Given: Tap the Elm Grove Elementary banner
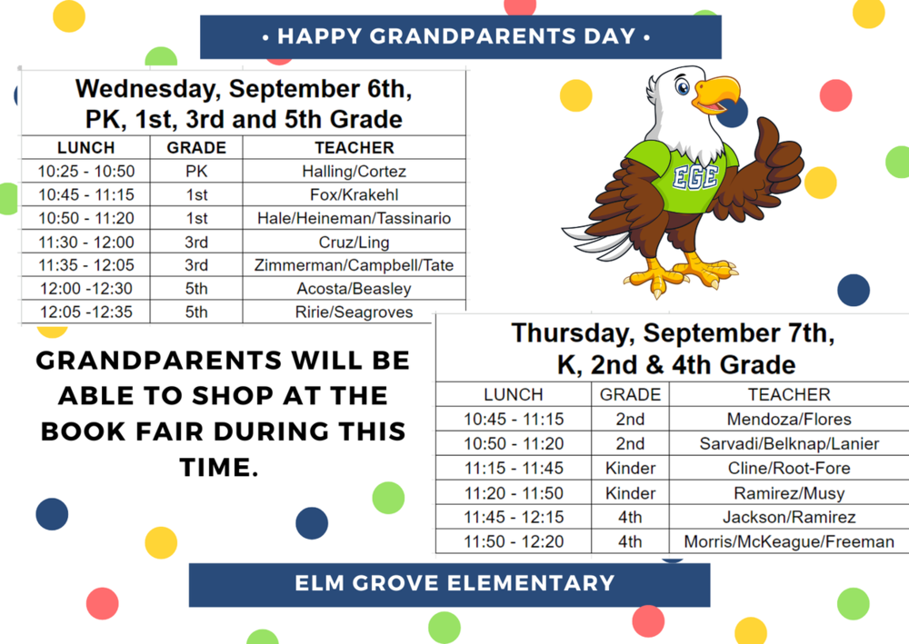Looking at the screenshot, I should click(x=449, y=584).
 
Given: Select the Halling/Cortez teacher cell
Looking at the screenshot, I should click(x=354, y=171).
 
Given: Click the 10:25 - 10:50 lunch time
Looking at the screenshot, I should click(x=85, y=171).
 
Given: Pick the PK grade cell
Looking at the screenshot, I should click(x=195, y=171).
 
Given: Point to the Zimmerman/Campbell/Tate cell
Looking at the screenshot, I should click(x=354, y=265).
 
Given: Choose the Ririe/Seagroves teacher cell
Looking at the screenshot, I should click(x=354, y=312).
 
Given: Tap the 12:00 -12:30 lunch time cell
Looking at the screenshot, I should click(x=85, y=289).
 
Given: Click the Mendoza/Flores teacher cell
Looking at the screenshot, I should click(x=788, y=420).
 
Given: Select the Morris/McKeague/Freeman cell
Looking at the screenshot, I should click(x=788, y=541).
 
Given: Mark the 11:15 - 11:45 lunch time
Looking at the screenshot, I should click(x=513, y=469).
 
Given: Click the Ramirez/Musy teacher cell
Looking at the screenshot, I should click(x=788, y=493).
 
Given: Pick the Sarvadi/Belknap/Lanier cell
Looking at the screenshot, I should click(x=788, y=444).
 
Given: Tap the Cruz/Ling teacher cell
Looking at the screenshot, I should click(x=354, y=242).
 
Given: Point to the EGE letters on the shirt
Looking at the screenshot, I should click(x=695, y=176).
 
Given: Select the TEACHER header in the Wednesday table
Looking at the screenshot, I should click(x=354, y=147).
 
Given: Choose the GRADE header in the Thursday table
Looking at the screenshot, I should click(x=630, y=395).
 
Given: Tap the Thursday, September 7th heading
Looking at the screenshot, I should click(x=672, y=333).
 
